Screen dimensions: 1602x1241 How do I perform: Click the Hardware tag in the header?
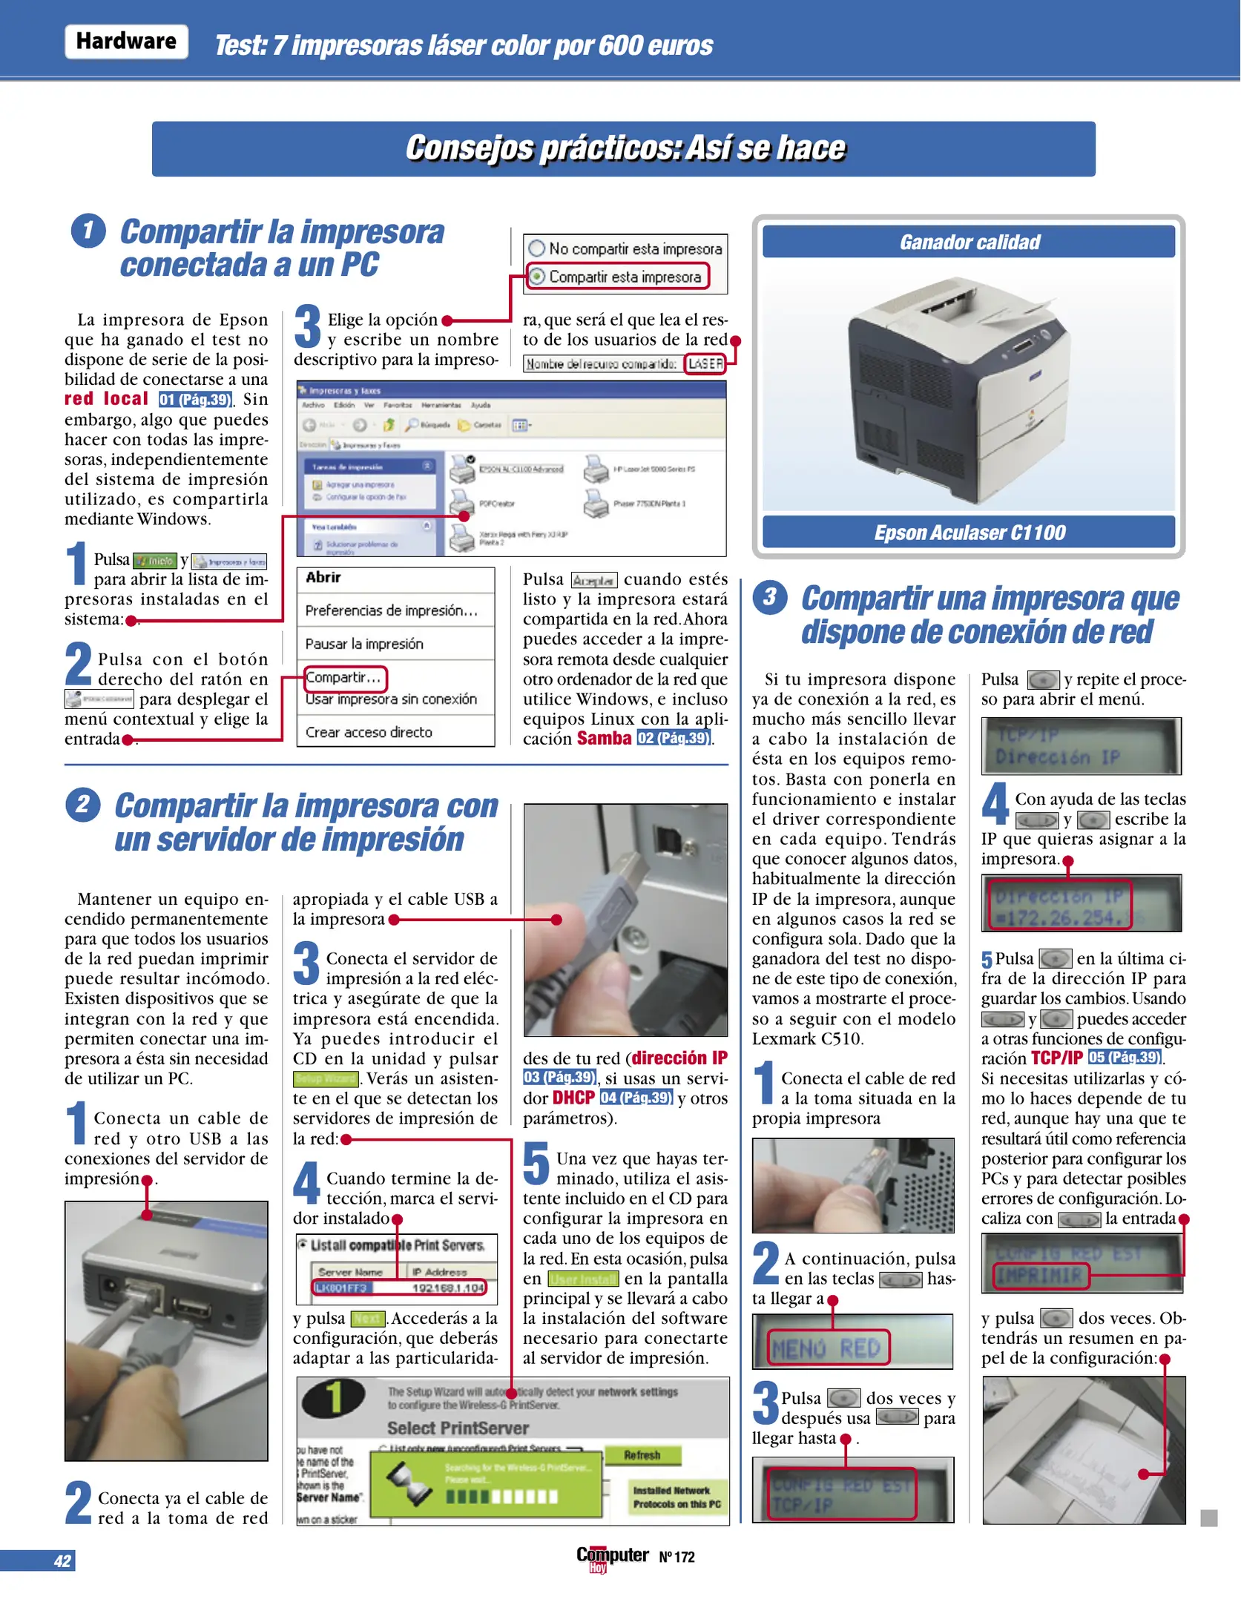(x=126, y=42)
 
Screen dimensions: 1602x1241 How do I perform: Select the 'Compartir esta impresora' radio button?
(x=537, y=277)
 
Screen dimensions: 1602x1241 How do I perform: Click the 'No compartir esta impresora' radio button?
(x=537, y=248)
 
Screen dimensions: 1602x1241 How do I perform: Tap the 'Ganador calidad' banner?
(x=969, y=243)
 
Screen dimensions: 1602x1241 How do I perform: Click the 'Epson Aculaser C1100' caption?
(x=969, y=533)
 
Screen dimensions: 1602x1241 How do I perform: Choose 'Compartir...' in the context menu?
(x=343, y=677)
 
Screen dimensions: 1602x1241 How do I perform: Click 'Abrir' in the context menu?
(x=323, y=578)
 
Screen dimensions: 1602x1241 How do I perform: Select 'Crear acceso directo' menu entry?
(x=369, y=732)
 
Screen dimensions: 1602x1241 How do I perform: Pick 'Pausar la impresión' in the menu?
(x=364, y=644)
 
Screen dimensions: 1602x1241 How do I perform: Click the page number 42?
(x=62, y=1561)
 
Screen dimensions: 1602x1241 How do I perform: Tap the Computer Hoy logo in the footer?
(x=612, y=1557)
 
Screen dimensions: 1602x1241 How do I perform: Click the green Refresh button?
(x=642, y=1455)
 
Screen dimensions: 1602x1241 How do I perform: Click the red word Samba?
(x=604, y=739)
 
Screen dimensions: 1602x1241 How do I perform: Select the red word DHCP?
(x=573, y=1098)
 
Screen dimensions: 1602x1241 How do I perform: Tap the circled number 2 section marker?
(x=83, y=805)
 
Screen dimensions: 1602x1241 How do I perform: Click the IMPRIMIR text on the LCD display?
(x=1040, y=1276)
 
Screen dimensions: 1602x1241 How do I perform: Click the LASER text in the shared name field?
(x=705, y=364)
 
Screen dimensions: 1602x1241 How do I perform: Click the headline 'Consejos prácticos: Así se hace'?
(x=624, y=148)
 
